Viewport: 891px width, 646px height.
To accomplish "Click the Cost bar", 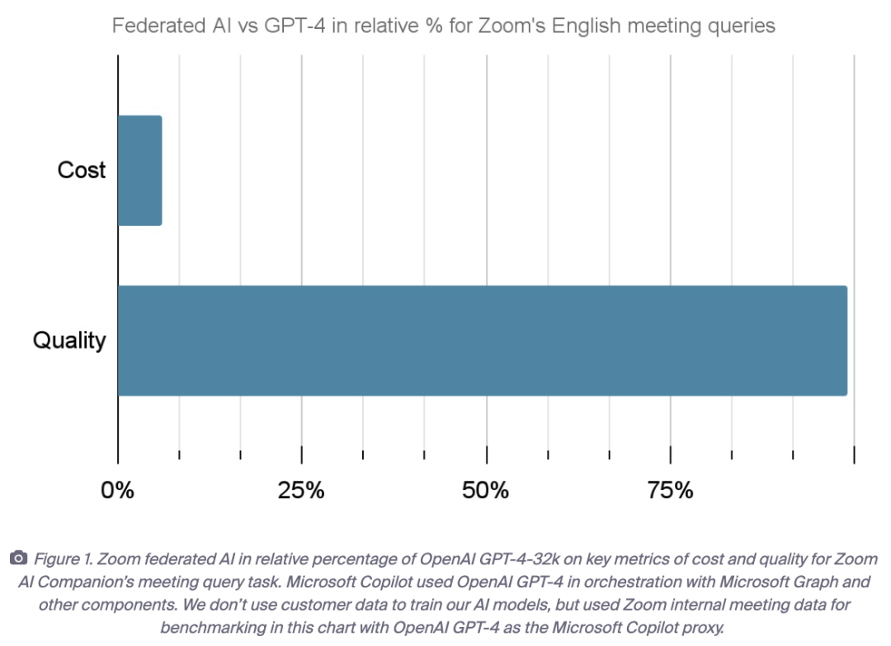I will [139, 170].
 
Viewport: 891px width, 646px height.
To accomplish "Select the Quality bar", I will [482, 341].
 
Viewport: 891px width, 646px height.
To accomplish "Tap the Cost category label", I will [82, 170].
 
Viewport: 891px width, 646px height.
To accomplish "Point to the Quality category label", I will [69, 340].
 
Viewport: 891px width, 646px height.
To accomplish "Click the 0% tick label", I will [117, 491].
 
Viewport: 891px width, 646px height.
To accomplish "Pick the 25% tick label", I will [301, 491].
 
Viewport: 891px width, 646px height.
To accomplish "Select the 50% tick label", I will [486, 491].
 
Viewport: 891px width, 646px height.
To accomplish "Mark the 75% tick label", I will [670, 491].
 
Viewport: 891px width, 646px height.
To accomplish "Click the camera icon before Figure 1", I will [18, 559].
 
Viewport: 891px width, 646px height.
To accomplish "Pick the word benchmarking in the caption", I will [212, 627].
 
